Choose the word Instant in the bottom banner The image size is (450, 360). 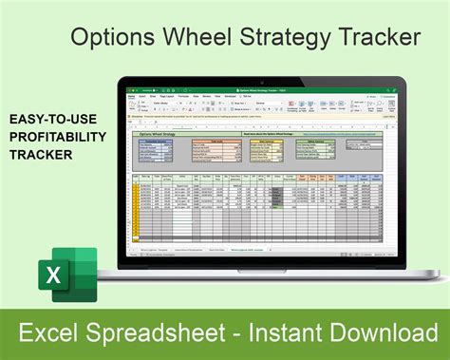(291, 333)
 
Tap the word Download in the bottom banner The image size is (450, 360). (380, 333)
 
